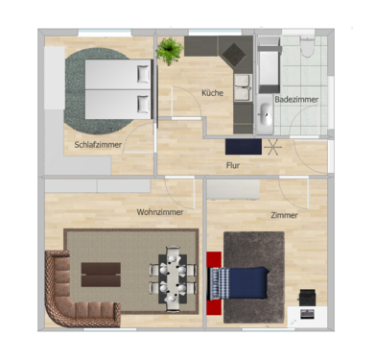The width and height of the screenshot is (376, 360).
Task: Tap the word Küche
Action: (x=213, y=92)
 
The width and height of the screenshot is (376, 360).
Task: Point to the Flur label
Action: (x=232, y=164)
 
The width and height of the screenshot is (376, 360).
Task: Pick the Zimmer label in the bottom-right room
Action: (x=284, y=215)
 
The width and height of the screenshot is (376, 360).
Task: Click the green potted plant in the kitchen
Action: (x=171, y=51)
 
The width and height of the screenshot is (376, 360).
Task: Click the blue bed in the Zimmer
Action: (x=239, y=283)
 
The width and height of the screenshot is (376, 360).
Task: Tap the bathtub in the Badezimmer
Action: (x=268, y=64)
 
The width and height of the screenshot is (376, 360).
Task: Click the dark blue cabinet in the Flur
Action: (x=243, y=147)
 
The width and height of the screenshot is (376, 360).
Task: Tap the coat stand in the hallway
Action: (x=274, y=148)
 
